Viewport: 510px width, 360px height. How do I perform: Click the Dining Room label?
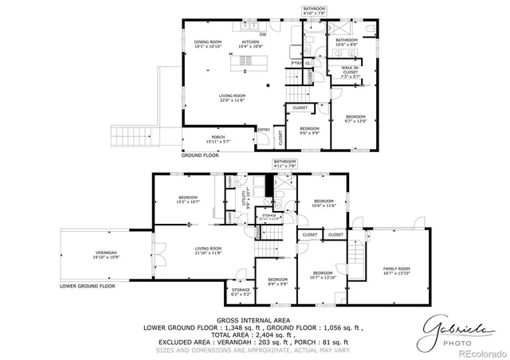point(207,42)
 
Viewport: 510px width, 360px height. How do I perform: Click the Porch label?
point(217,137)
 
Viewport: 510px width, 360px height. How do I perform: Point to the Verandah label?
point(107,253)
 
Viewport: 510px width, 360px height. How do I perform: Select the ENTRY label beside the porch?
point(264,131)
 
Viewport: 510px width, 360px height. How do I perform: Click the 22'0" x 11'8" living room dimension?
point(233,100)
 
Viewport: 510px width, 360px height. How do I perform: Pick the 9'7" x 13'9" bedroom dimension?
point(355,120)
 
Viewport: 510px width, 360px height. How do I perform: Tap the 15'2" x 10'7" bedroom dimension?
point(187,202)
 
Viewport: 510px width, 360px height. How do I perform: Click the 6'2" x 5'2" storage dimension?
point(241,294)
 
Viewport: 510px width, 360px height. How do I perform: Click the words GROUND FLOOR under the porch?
point(200,156)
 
